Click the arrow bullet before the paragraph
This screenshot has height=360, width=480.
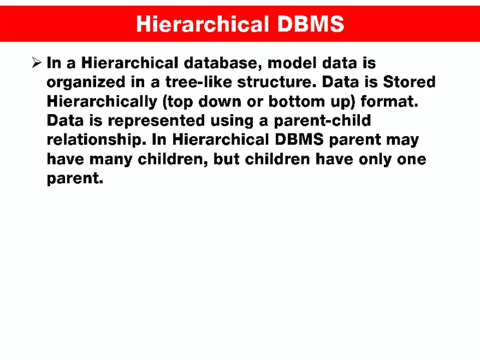coord(36,63)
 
